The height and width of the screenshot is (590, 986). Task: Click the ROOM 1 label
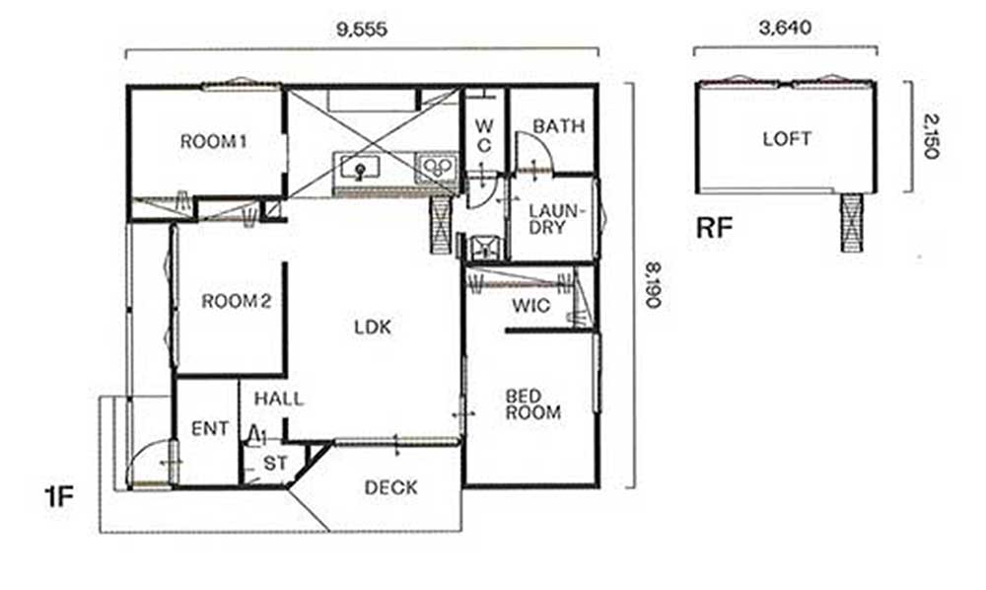pos(213,141)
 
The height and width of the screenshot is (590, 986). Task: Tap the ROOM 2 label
pos(237,301)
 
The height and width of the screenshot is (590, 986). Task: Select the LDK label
pos(373,328)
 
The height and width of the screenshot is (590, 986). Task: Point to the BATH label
pos(558,126)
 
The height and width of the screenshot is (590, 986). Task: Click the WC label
pos(483,135)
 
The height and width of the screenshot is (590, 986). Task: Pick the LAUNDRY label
pos(556,218)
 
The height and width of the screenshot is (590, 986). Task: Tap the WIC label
pos(531,306)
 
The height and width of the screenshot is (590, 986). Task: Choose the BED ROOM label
pos(532,405)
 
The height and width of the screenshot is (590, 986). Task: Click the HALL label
pos(279,399)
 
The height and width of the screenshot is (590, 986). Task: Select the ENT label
pos(210,429)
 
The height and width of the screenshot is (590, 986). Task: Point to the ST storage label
pos(275,464)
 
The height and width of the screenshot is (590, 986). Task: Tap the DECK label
pos(390,487)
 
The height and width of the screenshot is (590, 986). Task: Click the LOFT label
pos(787,138)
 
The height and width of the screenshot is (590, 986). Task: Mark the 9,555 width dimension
pos(362,29)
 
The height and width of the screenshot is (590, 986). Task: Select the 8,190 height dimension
pos(654,285)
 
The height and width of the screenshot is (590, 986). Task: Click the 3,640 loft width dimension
pos(786,28)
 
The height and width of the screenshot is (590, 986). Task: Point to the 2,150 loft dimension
pos(932,136)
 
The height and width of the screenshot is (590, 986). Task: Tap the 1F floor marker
pos(60,497)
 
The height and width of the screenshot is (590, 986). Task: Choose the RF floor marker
pos(714,228)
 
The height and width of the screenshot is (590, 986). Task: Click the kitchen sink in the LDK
pos(359,169)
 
